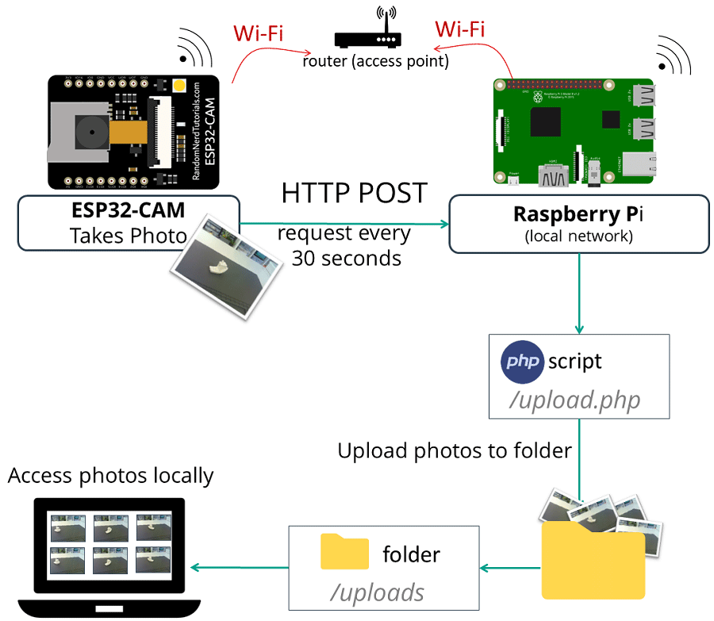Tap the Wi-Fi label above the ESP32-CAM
(258, 34)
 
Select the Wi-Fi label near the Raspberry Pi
(460, 29)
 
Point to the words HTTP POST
(354, 193)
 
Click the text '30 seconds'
(346, 258)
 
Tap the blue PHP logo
(522, 362)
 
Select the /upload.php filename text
(575, 401)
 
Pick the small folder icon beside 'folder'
(344, 551)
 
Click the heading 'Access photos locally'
(111, 475)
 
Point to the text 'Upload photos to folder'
(455, 451)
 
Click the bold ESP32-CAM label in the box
(129, 211)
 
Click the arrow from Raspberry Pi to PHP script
(579, 293)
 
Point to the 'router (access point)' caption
(375, 61)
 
